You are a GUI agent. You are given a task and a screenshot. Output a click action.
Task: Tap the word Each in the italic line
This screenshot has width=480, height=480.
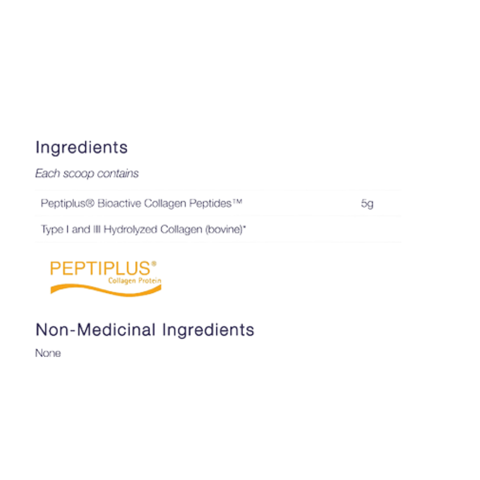coord(48,173)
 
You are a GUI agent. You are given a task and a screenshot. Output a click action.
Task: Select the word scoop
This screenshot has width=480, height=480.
coord(78,174)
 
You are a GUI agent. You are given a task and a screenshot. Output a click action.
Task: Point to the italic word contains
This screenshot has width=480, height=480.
coord(118,173)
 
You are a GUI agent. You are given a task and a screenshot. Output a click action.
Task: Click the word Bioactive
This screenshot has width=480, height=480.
coord(119,203)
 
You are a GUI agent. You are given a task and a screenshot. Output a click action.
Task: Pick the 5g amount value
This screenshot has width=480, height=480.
coord(367,204)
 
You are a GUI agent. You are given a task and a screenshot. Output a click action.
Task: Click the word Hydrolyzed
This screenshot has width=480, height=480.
coord(130,230)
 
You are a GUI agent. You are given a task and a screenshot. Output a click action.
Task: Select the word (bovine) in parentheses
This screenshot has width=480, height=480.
coord(224,229)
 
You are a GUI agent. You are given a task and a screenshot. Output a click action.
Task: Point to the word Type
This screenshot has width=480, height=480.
coord(52,230)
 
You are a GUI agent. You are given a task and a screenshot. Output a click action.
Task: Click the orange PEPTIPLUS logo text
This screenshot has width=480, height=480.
coord(100,268)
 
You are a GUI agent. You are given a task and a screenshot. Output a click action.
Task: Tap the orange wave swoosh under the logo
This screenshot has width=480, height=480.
coord(106,290)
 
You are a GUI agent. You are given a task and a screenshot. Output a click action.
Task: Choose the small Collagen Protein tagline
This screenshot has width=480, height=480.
coord(135,281)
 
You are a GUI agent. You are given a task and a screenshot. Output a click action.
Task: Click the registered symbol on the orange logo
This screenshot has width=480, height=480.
coord(154,264)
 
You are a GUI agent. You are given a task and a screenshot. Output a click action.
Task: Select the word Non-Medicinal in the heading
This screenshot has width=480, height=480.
coord(96,330)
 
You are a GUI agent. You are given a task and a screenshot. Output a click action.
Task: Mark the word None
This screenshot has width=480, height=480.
coord(48,353)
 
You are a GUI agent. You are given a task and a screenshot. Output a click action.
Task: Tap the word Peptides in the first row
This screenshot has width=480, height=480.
coord(210,204)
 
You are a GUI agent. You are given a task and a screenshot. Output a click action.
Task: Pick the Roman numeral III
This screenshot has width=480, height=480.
coord(97,229)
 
